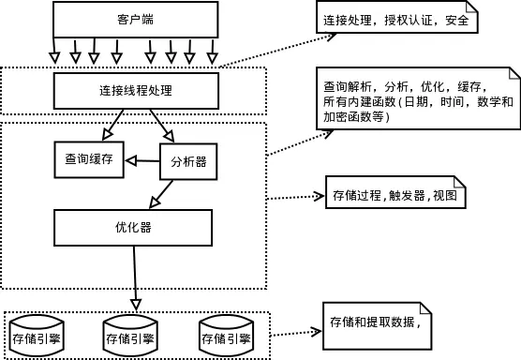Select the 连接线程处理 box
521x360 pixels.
(x=135, y=92)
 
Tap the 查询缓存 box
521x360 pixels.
(x=88, y=159)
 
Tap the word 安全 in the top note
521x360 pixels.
(x=453, y=20)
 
